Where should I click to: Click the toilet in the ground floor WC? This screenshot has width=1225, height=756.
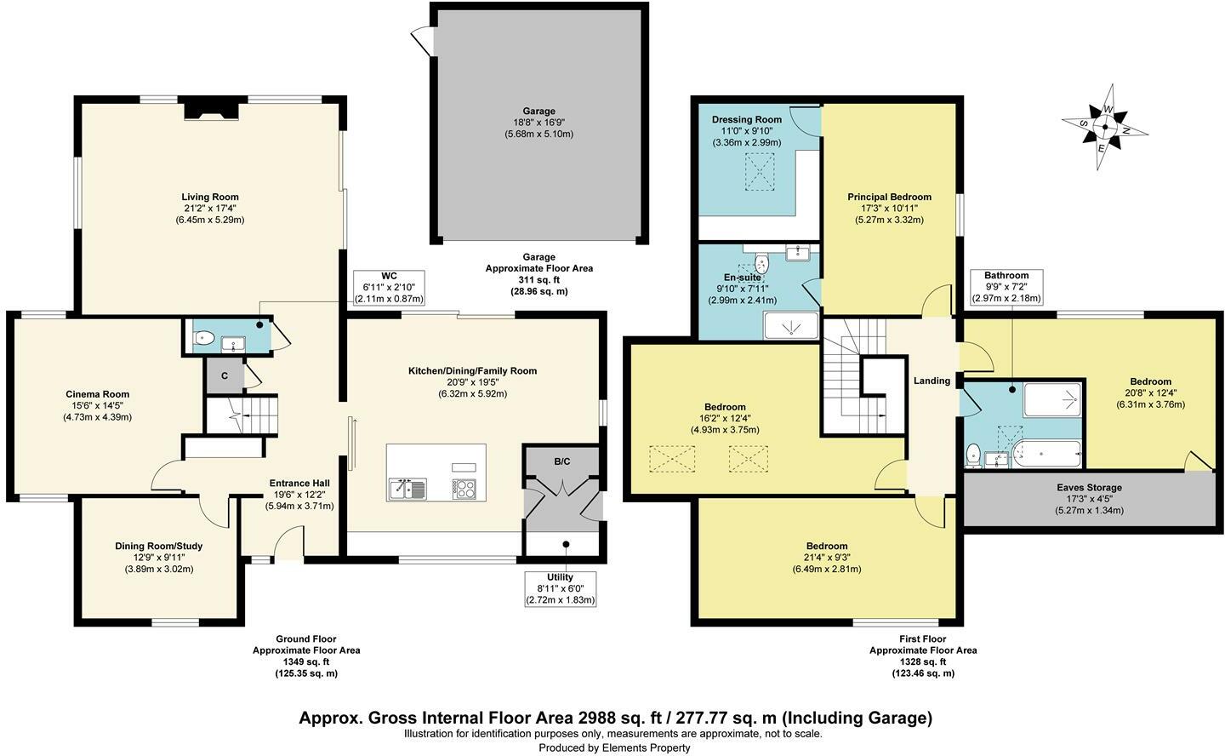click(x=202, y=338)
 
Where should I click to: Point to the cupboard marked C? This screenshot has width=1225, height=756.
click(x=224, y=375)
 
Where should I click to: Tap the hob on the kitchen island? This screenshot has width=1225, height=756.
click(x=464, y=488)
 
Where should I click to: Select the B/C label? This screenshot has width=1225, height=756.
click(x=561, y=461)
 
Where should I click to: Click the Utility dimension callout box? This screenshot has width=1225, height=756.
click(x=560, y=588)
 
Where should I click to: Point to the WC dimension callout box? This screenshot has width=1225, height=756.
click(x=389, y=288)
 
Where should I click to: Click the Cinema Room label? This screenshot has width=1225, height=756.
click(x=97, y=394)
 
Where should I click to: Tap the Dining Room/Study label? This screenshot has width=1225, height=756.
click(x=159, y=546)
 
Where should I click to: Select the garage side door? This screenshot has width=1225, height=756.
click(x=421, y=39)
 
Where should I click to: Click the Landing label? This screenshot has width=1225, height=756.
click(x=932, y=381)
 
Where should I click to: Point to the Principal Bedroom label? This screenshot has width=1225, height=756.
click(x=889, y=197)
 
